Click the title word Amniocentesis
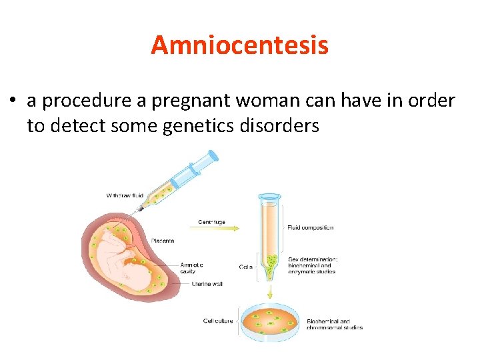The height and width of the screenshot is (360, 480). (x=239, y=45)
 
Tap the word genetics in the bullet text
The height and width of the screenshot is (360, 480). (x=194, y=125)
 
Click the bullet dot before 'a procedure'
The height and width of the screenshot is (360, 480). (x=13, y=101)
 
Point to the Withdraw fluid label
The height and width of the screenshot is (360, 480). (x=126, y=195)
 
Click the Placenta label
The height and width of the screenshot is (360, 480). (x=163, y=241)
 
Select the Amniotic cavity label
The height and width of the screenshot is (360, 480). (x=191, y=268)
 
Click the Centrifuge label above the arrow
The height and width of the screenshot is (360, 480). (x=211, y=222)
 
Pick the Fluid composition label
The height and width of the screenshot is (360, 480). (x=310, y=227)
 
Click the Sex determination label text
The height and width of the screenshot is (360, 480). (x=313, y=259)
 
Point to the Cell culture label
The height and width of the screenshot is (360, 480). (x=218, y=321)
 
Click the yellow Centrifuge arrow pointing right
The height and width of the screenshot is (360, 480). (x=220, y=229)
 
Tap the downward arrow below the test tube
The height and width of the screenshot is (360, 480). (x=270, y=291)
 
